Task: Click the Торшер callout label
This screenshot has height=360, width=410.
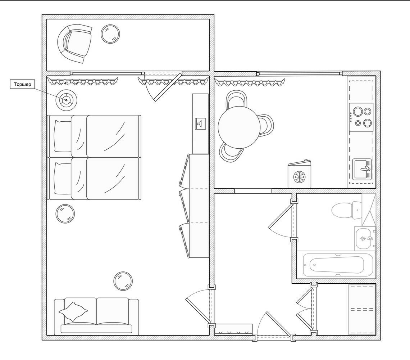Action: [x=22, y=84]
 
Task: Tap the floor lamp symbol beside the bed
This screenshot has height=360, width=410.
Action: [x=66, y=100]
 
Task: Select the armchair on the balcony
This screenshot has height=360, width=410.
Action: [x=75, y=44]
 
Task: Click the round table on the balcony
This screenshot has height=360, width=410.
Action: [x=110, y=34]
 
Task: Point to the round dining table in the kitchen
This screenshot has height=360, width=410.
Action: [x=239, y=127]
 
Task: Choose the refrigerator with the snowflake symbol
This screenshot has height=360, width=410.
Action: [x=299, y=174]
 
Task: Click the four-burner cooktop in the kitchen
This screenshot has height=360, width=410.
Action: [x=361, y=117]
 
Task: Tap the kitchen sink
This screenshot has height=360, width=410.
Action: [x=362, y=170]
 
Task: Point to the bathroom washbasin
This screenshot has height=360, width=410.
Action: [x=364, y=239]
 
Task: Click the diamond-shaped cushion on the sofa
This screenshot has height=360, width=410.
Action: [x=73, y=311]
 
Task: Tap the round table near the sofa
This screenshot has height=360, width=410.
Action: [x=123, y=281]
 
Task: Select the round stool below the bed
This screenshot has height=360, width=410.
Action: [x=65, y=213]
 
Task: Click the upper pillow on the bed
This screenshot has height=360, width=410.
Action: [x=63, y=136]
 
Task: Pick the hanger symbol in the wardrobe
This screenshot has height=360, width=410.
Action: [x=200, y=123]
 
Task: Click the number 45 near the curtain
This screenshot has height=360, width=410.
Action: [x=66, y=83]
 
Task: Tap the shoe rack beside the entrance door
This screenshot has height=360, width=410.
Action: [x=233, y=330]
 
